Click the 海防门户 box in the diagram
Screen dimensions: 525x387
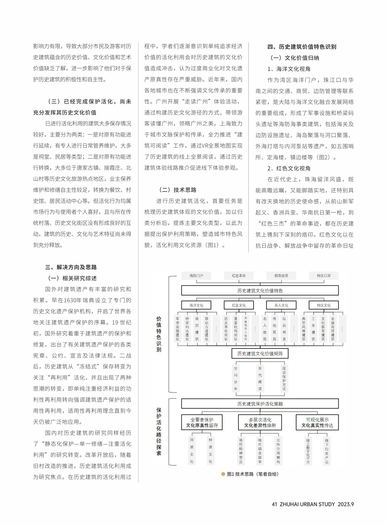[196, 276]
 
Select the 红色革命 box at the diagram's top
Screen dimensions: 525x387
[239, 276]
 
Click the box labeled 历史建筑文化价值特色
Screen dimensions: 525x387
[260, 290]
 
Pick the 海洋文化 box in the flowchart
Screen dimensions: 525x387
[196, 305]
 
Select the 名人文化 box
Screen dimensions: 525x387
[281, 305]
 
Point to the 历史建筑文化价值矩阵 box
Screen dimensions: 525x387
[260, 353]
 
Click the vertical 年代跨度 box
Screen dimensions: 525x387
[260, 378]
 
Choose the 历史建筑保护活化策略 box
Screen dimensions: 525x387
[260, 404]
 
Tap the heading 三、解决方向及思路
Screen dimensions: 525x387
[71, 267]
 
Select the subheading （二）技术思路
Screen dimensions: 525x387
[177, 190]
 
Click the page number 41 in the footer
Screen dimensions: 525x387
[274, 504]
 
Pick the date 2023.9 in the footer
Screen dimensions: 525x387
[346, 504]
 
